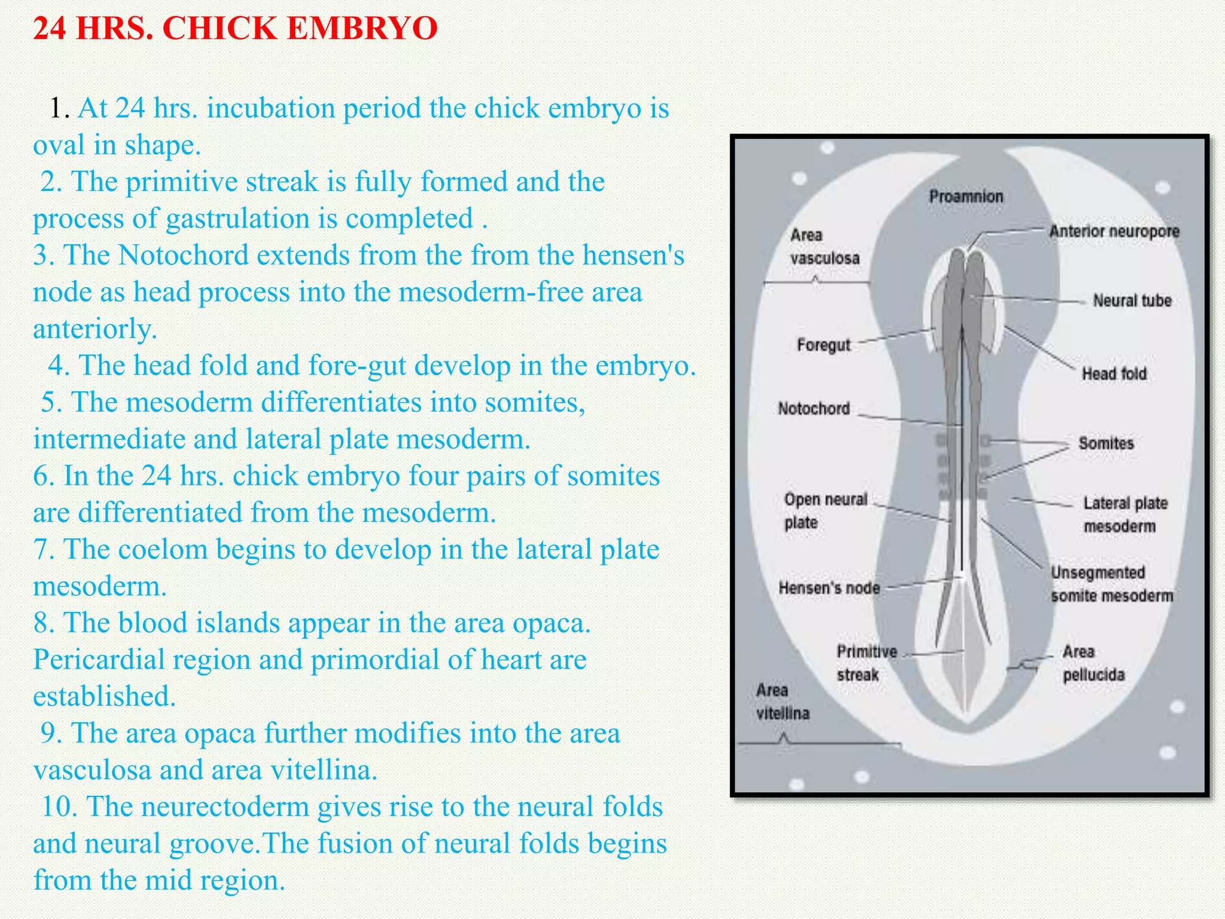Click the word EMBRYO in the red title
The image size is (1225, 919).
(362, 28)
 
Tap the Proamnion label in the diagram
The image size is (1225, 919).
(965, 196)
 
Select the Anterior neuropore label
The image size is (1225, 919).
(1114, 231)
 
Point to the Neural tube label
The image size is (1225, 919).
(1132, 300)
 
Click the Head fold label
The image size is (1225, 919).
(1114, 374)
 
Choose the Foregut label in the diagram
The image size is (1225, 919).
(823, 345)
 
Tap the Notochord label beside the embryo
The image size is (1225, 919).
(813, 409)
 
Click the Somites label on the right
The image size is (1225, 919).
(1106, 443)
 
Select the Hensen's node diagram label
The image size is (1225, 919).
(829, 588)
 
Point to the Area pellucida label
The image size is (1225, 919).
(1093, 663)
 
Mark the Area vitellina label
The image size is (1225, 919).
(782, 702)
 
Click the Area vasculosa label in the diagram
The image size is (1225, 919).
(824, 247)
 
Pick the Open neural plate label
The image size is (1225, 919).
(825, 510)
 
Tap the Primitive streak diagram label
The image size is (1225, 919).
(866, 663)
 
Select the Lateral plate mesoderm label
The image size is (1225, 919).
(1125, 515)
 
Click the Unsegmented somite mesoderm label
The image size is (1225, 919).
(1111, 584)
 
